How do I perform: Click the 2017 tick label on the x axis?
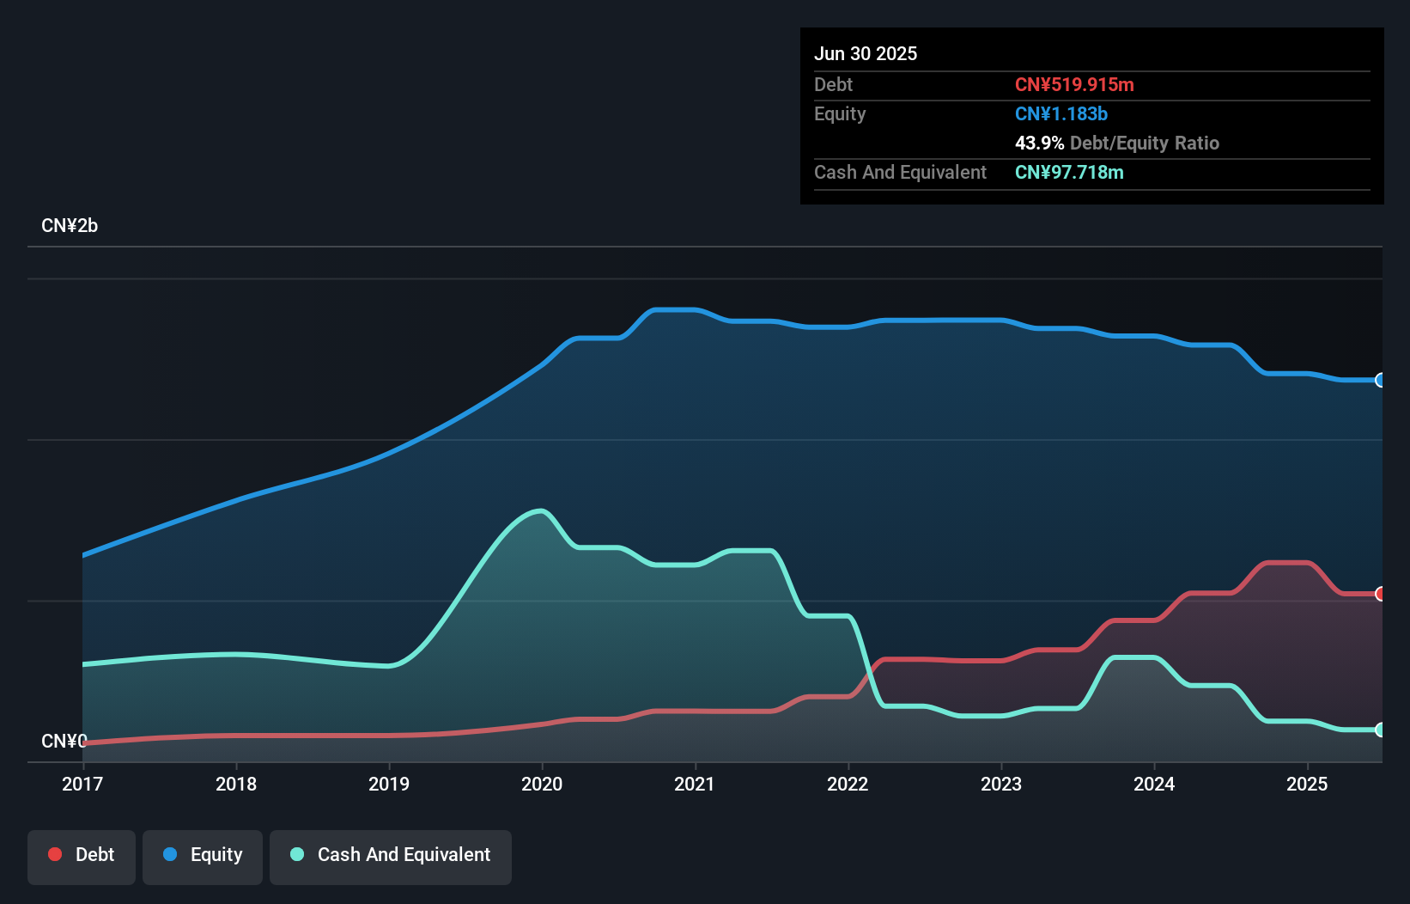pyautogui.click(x=82, y=784)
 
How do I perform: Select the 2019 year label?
pyautogui.click(x=389, y=784)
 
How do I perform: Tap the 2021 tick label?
pyautogui.click(x=695, y=784)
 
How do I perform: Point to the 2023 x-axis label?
pyautogui.click(x=1001, y=784)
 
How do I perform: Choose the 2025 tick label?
pyautogui.click(x=1307, y=784)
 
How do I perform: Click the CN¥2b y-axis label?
pyautogui.click(x=70, y=226)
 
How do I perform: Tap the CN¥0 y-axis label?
pyautogui.click(x=64, y=741)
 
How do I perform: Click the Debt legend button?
pyautogui.click(x=82, y=855)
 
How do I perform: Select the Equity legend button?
pyautogui.click(x=203, y=855)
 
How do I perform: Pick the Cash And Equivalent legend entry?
pyautogui.click(x=391, y=855)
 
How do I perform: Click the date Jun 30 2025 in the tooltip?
pyautogui.click(x=866, y=53)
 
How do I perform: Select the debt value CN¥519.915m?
pyautogui.click(x=1074, y=84)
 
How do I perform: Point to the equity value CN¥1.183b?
pyautogui.click(x=1061, y=113)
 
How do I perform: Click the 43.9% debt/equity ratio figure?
pyautogui.click(x=1039, y=143)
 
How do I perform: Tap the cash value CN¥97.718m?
pyautogui.click(x=1069, y=172)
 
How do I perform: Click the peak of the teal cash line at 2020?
pyautogui.click(x=540, y=511)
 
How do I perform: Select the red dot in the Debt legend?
pyautogui.click(x=55, y=854)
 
